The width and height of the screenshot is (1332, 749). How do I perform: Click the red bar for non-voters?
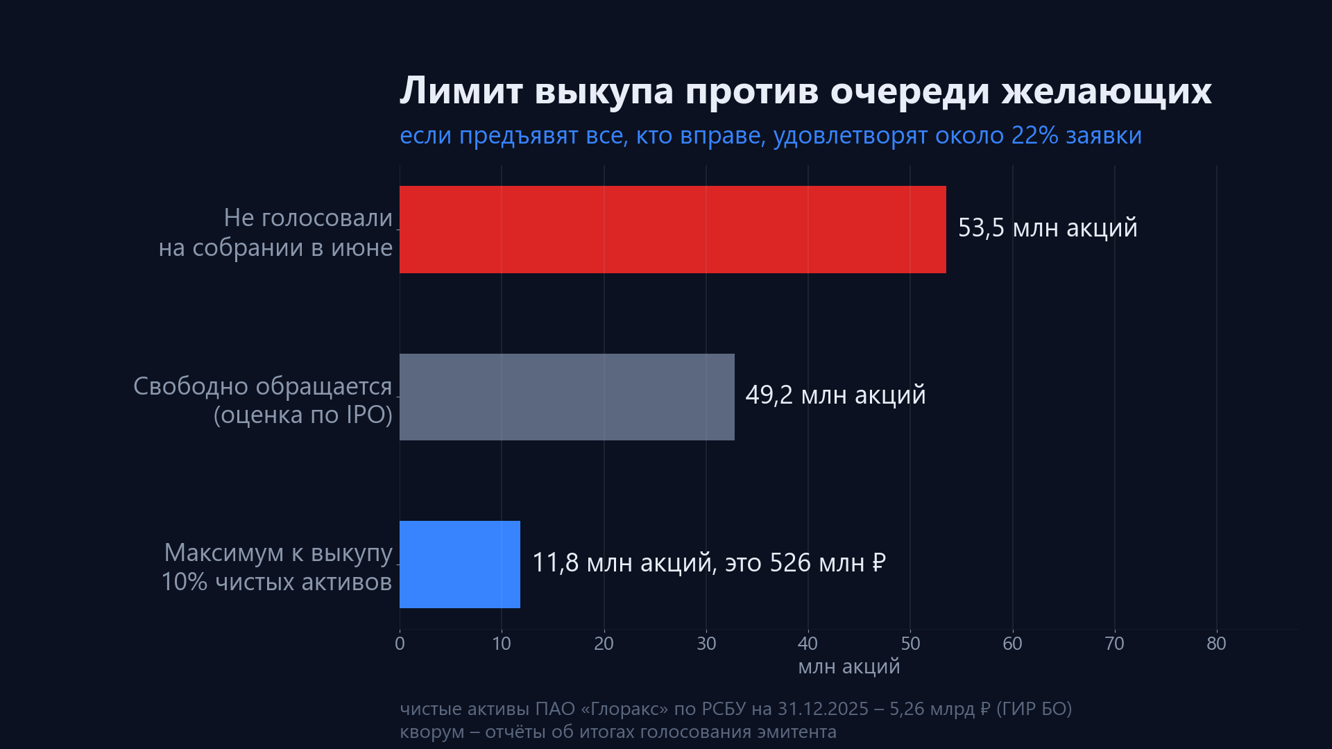(673, 230)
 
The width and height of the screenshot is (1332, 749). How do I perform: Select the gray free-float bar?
(567, 397)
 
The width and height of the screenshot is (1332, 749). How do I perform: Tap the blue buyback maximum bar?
(460, 565)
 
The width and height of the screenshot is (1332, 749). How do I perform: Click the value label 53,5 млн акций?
(1048, 228)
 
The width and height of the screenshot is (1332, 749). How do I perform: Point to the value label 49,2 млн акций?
(835, 395)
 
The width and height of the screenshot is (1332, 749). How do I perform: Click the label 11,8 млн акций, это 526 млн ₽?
(709, 562)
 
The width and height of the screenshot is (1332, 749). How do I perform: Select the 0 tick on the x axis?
(400, 644)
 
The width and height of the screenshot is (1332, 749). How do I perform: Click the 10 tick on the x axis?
(502, 644)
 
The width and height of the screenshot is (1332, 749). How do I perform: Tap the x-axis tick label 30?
(706, 644)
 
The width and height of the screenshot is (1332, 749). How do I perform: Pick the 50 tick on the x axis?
(910, 644)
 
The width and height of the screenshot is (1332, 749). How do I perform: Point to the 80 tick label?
(1216, 644)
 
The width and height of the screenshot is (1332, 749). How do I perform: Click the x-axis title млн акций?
(849, 667)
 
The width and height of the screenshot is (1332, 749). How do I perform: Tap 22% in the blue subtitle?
(1035, 135)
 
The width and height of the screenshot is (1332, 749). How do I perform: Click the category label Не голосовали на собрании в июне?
(275, 232)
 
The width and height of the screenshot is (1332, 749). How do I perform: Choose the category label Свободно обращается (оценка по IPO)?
(263, 400)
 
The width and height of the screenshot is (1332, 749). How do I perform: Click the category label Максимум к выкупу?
(278, 553)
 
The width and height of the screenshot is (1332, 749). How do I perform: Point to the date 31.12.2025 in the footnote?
(823, 709)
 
